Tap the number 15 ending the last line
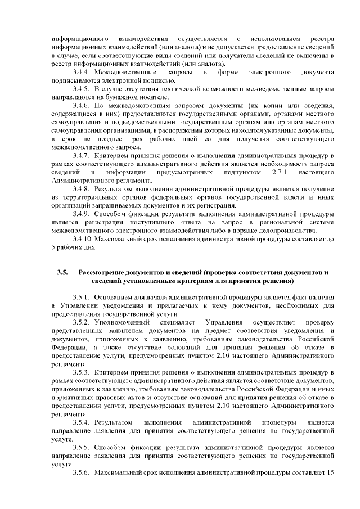[331, 472]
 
